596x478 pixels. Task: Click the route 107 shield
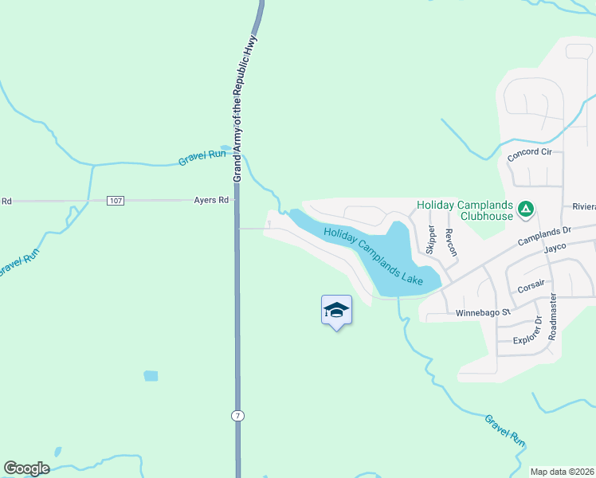(116, 200)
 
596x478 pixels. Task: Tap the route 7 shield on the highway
(237, 416)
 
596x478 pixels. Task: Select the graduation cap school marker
(336, 310)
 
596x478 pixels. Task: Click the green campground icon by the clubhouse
(525, 210)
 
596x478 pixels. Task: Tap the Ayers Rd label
(211, 200)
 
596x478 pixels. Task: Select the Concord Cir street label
(529, 153)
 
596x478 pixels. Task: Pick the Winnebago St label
(482, 313)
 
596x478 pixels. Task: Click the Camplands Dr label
(545, 235)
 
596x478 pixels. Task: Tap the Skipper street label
(432, 240)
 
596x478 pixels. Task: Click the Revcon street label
(451, 242)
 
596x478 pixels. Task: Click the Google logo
(26, 468)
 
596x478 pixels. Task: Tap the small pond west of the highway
(151, 375)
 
